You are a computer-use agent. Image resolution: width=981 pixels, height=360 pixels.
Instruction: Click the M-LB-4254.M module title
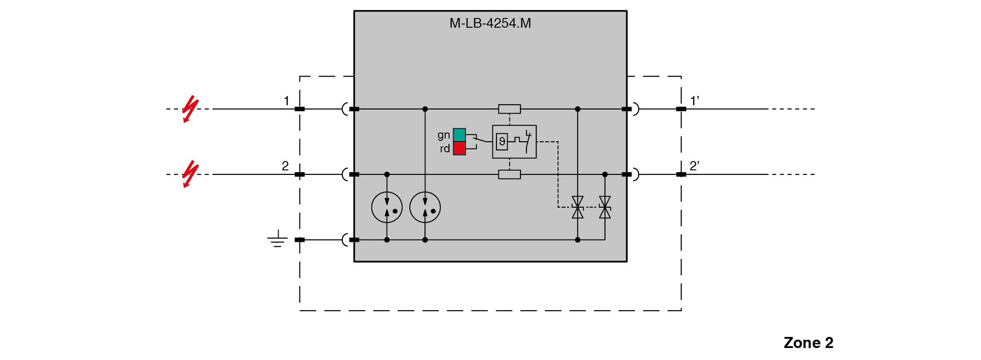coord(490,23)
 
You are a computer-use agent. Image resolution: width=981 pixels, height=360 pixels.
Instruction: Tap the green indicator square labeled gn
coord(459,135)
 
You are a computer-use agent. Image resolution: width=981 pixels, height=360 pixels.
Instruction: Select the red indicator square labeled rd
coord(459,149)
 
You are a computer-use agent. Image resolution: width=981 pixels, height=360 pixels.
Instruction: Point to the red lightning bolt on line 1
coord(190,109)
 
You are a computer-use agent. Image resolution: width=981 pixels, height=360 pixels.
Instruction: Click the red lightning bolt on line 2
coord(190,174)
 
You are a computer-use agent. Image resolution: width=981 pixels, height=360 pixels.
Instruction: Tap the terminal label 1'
coord(694,101)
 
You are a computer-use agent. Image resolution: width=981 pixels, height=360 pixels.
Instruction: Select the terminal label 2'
coord(694,166)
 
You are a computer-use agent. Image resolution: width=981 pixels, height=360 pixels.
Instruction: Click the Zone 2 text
coord(808,342)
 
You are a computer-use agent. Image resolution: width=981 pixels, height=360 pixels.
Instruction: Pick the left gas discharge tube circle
coord(387,208)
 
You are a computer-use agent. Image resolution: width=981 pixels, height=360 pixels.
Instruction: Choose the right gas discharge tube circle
coord(425,208)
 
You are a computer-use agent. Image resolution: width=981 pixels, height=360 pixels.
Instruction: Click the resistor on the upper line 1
coord(509,109)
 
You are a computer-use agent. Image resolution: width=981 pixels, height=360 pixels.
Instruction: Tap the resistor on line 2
coord(509,174)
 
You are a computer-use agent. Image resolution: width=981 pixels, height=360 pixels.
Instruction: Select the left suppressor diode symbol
coord(577,207)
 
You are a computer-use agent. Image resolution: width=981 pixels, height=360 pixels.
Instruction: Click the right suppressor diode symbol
coord(604,207)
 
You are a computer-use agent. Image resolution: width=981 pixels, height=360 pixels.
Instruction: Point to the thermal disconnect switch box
coord(514,142)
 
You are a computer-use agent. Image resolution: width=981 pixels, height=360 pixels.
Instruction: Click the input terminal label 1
coord(287,101)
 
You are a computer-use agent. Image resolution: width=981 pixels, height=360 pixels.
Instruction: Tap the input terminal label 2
coord(285,166)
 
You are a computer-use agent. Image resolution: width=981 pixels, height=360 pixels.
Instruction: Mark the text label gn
coord(443,135)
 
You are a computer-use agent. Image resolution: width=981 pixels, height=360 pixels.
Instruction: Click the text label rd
coord(444,149)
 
